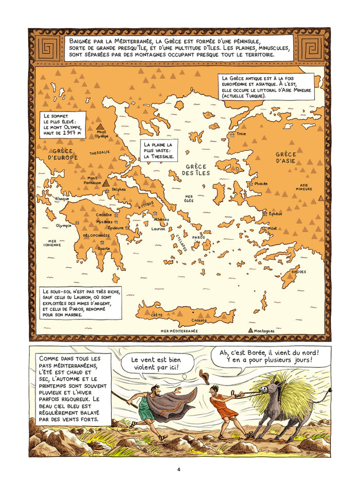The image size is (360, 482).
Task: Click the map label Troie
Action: (241, 134)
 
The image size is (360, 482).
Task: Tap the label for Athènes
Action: (161, 219)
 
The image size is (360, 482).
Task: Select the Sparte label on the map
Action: (104, 248)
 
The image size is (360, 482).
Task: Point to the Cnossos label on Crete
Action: (199, 319)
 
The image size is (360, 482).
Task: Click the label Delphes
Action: (119, 189)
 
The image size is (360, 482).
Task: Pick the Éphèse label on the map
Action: (275, 213)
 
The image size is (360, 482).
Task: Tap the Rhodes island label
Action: (298, 272)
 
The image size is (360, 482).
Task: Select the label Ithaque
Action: (62, 199)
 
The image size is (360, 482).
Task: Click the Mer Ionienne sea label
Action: (55, 243)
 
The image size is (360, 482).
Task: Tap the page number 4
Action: (178, 469)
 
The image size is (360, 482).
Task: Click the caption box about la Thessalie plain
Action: (159, 150)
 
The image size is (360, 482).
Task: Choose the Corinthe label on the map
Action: (104, 215)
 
